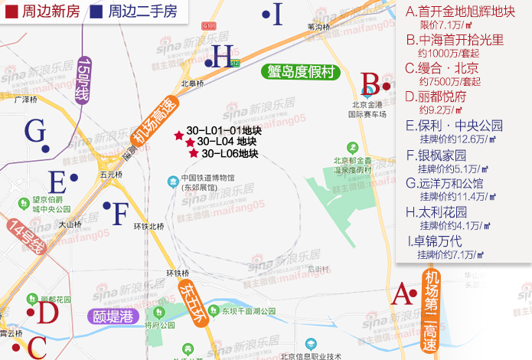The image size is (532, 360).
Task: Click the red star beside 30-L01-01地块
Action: pos(179,135)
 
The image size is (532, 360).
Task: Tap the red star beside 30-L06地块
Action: pos(194,154)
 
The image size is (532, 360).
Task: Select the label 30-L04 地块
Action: pos(226,142)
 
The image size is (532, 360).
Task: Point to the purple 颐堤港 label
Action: pos(113,315)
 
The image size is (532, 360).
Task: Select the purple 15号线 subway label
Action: pos(84,80)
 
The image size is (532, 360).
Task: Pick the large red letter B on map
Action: pos(370,83)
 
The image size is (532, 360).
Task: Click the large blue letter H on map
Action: pos(223,56)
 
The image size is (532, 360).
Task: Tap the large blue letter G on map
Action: pos(35,131)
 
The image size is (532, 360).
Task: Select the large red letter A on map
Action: pos(400,293)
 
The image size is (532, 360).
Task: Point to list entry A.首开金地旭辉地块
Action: pos(459,11)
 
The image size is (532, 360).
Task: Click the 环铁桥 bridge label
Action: pos(177,273)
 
